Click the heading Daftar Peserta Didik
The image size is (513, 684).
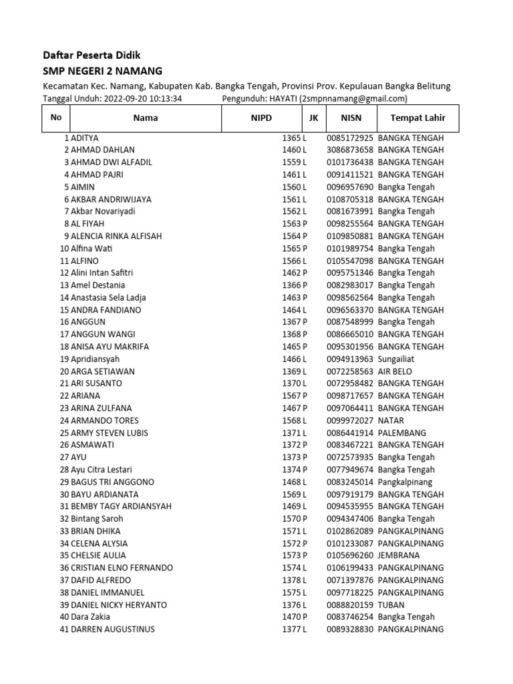(92, 55)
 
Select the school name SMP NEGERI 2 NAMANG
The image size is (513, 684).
(102, 71)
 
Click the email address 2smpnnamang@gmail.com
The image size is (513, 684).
(353, 99)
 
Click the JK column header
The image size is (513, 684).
(313, 118)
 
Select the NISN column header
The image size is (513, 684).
(350, 118)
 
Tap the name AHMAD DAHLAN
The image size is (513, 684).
(102, 150)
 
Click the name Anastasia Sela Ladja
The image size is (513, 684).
(108, 297)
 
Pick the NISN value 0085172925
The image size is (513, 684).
(349, 138)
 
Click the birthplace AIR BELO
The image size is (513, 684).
(395, 371)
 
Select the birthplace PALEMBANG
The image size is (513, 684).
(401, 433)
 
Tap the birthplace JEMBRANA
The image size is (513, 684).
(400, 556)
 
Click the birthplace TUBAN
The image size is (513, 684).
(391, 605)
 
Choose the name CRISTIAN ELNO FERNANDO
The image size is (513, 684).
(122, 568)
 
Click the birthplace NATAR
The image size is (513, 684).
(391, 420)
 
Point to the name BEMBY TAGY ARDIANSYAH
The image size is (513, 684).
(121, 506)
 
